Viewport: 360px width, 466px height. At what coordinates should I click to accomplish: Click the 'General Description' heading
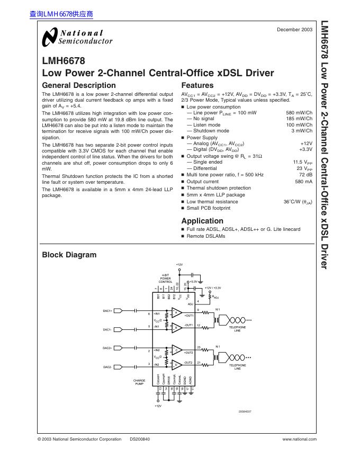click(78, 85)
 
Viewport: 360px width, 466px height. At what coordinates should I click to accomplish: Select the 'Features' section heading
click(197, 85)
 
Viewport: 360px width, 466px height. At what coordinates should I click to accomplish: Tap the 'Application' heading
click(202, 221)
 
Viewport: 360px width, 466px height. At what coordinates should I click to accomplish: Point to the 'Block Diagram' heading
click(69, 255)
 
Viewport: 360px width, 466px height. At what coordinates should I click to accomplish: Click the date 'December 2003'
click(294, 30)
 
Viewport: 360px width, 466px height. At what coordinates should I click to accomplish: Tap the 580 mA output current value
click(304, 181)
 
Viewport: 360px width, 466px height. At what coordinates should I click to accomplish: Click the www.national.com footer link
click(300, 439)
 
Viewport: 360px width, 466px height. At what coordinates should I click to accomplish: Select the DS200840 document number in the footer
click(140, 439)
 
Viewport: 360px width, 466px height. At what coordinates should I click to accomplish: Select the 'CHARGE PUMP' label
click(139, 382)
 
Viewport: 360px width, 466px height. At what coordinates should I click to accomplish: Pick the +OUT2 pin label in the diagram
click(188, 352)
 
